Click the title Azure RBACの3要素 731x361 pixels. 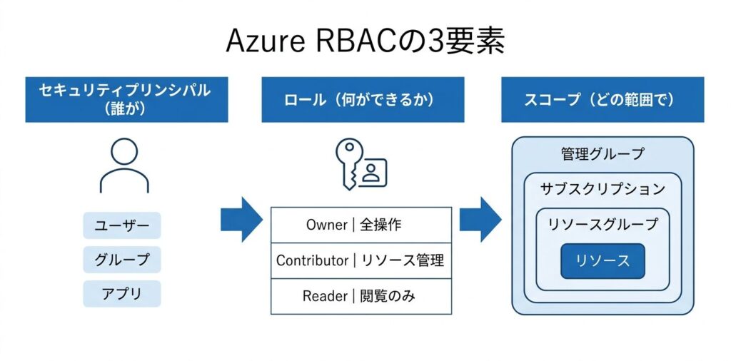tap(365, 41)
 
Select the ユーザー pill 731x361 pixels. tap(122, 225)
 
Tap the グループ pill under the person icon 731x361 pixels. tap(122, 260)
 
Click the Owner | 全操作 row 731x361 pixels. tap(361, 225)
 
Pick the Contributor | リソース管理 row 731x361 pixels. tap(361, 260)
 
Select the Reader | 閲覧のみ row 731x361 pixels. tap(361, 296)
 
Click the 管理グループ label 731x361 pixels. tap(603, 153)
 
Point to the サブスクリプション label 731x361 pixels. tap(603, 189)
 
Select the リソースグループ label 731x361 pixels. tap(603, 224)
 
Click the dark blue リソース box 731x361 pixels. tap(603, 260)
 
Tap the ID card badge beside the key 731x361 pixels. tap(372, 172)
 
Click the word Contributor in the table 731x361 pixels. tap(312, 260)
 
